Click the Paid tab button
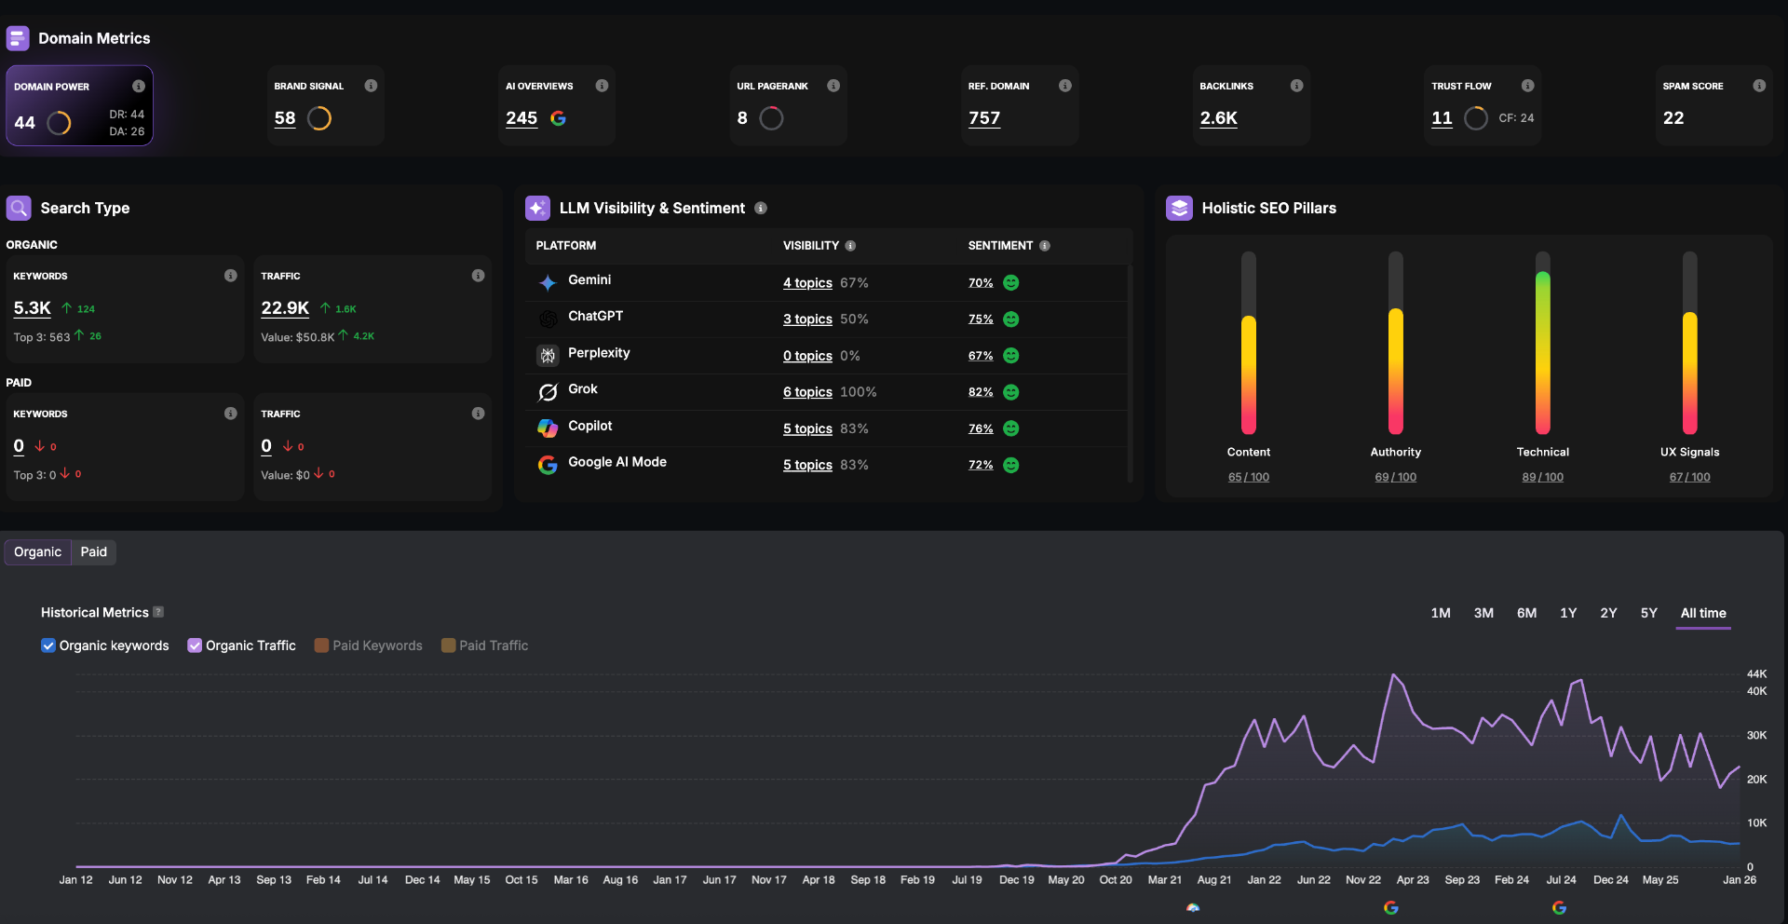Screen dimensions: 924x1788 93,552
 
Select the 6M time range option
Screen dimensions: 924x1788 1526,613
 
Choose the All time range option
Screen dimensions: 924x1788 1702,613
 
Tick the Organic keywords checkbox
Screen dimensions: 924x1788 48,645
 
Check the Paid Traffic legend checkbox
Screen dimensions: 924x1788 448,645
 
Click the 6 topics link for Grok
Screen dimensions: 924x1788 807,392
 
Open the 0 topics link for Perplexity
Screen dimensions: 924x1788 807,356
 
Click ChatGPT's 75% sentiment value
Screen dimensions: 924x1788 981,319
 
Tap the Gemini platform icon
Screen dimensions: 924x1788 548,282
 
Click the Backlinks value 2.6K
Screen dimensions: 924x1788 1218,118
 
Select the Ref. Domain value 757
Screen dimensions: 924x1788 984,118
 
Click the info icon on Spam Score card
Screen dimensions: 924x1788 1758,86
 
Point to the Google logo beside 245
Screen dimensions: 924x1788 558,118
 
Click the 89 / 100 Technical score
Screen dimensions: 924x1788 1542,477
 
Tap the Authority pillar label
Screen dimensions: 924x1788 1395,452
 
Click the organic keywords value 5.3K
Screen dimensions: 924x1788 33,308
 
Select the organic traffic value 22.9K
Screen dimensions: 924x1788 285,308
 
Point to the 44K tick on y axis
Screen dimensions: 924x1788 1756,673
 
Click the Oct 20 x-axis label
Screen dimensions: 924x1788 1115,879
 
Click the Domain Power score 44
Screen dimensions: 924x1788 25,123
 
